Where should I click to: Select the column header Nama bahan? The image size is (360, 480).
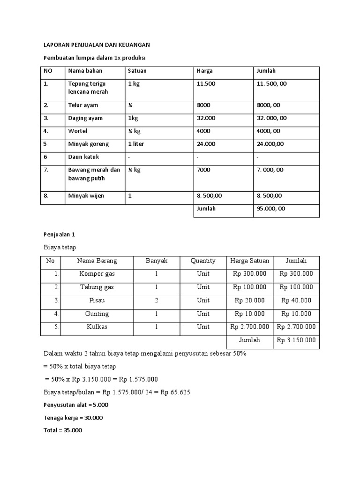point(85,71)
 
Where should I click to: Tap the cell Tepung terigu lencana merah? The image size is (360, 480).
point(88,88)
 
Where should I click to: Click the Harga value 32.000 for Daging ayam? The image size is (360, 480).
point(206,118)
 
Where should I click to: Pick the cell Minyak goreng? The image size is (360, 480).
point(89,144)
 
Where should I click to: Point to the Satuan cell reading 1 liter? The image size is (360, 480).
point(136,144)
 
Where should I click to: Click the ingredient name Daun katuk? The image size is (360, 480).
point(83,157)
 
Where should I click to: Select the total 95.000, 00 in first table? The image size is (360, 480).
point(270,209)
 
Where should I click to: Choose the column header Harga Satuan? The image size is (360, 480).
point(249,261)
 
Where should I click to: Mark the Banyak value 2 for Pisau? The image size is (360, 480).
point(157,300)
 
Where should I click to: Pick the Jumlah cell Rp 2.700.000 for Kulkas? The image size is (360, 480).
point(296,327)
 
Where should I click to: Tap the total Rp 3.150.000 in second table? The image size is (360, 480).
point(296,340)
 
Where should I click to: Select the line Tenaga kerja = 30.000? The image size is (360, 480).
point(73,418)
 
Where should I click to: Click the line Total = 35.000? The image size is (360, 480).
point(62,430)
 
